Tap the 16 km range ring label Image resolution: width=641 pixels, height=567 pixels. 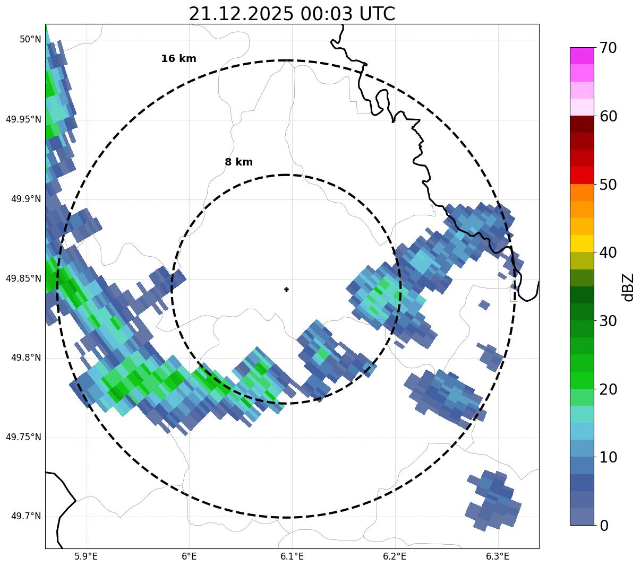178,59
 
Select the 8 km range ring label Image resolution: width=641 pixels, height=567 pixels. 238,162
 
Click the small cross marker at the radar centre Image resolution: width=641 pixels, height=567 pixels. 287,290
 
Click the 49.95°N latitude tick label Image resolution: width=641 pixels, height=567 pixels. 23,119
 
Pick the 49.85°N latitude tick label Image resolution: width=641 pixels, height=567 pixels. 23,278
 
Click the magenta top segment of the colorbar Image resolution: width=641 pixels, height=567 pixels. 582,56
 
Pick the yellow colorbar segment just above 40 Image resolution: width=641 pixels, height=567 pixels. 582,243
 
